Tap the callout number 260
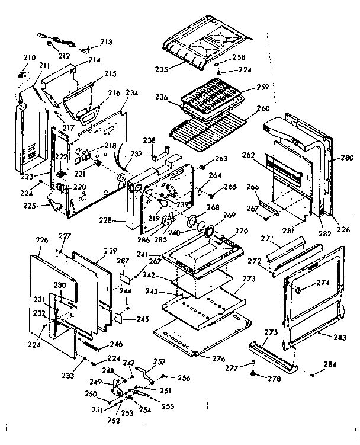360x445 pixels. pos(263,109)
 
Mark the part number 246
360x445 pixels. pos(116,344)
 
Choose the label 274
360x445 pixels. pos(323,283)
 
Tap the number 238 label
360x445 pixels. pos(149,140)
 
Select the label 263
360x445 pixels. pos(221,158)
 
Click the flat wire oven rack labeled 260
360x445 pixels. pos(213,127)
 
